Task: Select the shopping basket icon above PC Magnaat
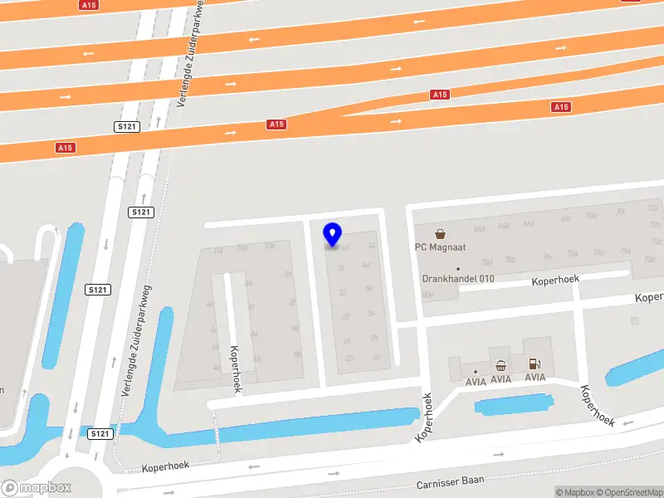pos(439,233)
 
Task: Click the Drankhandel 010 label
pos(457,279)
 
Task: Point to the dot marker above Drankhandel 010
pos(457,268)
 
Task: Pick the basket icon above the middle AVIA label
pos(500,365)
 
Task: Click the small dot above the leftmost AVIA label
pos(476,371)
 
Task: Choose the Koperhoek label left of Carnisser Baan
pos(166,468)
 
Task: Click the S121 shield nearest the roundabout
pos(100,433)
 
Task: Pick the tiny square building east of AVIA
pos(635,320)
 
